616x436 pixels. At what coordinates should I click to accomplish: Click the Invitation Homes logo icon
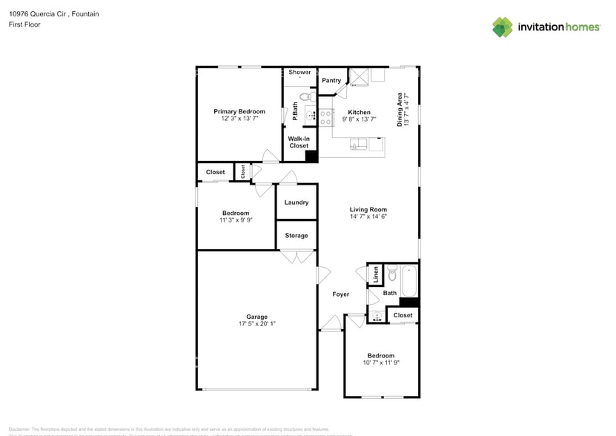coord(503,27)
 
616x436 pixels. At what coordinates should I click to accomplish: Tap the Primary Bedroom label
coord(239,111)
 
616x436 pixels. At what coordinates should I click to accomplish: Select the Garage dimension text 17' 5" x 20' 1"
coord(257,324)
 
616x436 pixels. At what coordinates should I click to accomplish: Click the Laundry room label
coord(297,202)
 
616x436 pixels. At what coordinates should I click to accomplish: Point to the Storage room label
coord(297,236)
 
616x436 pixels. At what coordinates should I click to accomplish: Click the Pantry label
coord(331,80)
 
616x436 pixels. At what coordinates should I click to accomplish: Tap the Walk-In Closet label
coord(299,142)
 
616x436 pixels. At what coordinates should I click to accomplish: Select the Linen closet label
coord(376,274)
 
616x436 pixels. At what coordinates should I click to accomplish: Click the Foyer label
coord(340,294)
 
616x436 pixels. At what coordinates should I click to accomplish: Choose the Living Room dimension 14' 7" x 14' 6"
coord(368,217)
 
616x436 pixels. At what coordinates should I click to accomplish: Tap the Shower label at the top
coord(299,72)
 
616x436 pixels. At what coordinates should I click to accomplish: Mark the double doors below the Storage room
coord(297,257)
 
